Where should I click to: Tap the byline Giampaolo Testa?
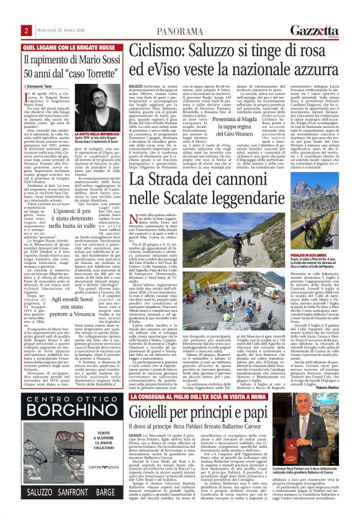[x=43, y=86]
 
